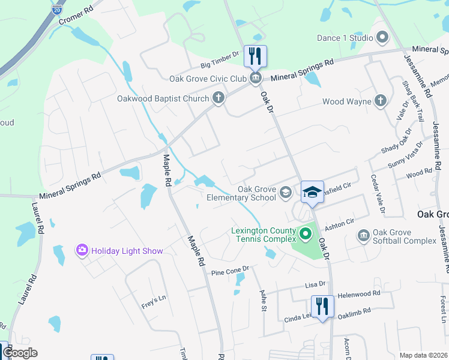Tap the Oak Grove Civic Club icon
pyautogui.click(x=255, y=79)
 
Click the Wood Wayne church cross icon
pyautogui.click(x=381, y=101)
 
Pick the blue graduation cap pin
pyautogui.click(x=312, y=192)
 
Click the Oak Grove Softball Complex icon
pyautogui.click(x=363, y=235)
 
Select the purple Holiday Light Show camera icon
pyautogui.click(x=82, y=250)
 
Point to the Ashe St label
pyautogui.click(x=262, y=300)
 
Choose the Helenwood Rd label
pyautogui.click(x=359, y=294)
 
